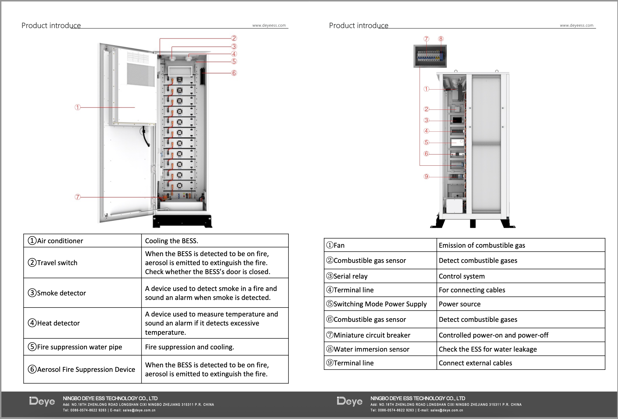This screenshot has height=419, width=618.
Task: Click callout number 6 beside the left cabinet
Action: pos(234,73)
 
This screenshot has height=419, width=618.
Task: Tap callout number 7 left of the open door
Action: pos(78,197)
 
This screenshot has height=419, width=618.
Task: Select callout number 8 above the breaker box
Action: pos(441,39)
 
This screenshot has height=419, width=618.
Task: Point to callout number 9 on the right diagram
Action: pos(426,176)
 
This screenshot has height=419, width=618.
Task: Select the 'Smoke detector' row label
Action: pos(61,293)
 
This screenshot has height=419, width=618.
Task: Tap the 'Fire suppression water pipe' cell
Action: pos(79,347)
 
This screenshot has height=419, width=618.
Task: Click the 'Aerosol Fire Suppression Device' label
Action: pos(86,369)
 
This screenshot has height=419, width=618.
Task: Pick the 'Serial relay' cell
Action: pos(350,276)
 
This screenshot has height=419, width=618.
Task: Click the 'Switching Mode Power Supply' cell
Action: pos(380,304)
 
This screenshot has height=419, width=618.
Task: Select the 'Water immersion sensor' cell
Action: pos(371,349)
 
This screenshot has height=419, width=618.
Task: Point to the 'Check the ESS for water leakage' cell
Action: pos(487,349)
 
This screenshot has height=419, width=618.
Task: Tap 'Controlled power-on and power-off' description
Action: pos(493,335)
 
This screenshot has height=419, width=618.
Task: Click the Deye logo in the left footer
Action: pos(42,401)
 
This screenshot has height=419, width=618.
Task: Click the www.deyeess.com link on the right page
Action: pos(576,25)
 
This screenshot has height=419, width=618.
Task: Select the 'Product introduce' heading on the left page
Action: pos(51,26)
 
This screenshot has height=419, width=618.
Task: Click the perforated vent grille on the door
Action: pos(141,74)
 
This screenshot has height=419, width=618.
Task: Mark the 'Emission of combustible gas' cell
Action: pos(482,245)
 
